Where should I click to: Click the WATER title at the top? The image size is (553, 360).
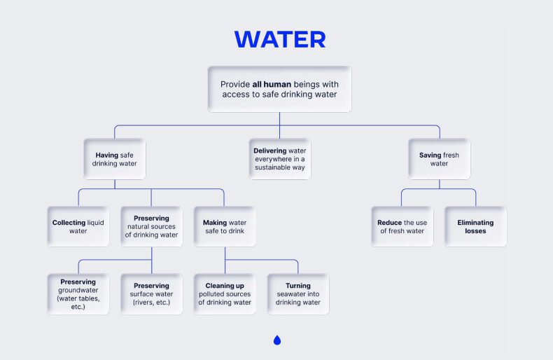pyautogui.click(x=279, y=40)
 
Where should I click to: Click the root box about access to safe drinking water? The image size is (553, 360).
pyautogui.click(x=279, y=89)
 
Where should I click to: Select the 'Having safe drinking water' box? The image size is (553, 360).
pyautogui.click(x=114, y=159)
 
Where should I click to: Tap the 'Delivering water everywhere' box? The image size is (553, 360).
pyautogui.click(x=279, y=159)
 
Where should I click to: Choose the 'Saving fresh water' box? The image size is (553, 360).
pyautogui.click(x=439, y=159)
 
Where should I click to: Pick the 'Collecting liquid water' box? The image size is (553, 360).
pyautogui.click(x=78, y=226)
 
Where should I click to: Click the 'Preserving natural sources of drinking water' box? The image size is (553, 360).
pyautogui.click(x=151, y=226)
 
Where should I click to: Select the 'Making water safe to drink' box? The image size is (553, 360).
pyautogui.click(x=225, y=226)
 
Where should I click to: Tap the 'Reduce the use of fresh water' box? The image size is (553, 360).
pyautogui.click(x=402, y=226)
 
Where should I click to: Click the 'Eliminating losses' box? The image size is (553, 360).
pyautogui.click(x=475, y=226)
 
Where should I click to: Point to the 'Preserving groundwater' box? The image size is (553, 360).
pyautogui.click(x=78, y=294)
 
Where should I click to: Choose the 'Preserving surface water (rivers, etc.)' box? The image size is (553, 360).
pyautogui.click(x=151, y=294)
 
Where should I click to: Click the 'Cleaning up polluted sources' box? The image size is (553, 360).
pyautogui.click(x=225, y=294)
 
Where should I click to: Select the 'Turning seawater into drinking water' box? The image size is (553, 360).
pyautogui.click(x=297, y=294)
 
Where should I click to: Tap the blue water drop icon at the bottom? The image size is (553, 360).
pyautogui.click(x=277, y=340)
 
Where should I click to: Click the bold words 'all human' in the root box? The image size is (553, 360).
pyautogui.click(x=272, y=84)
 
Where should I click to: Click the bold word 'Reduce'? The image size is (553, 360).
pyautogui.click(x=390, y=223)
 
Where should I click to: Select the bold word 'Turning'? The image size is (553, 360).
pyautogui.click(x=297, y=286)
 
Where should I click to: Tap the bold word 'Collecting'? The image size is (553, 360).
pyautogui.click(x=69, y=223)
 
